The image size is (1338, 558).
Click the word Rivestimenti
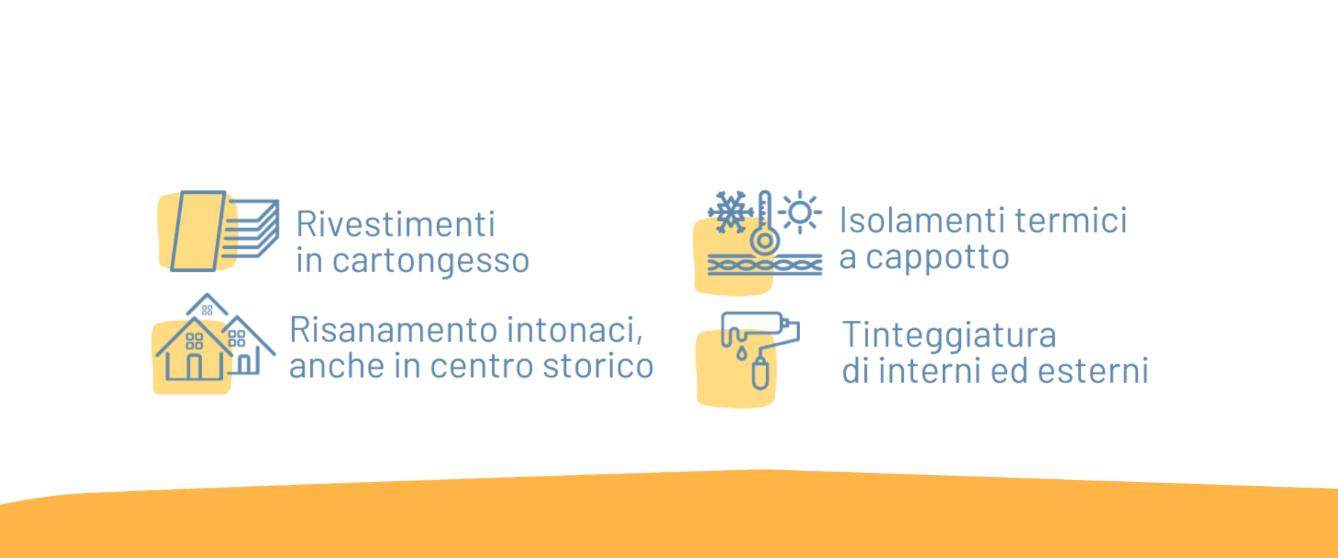click(396, 225)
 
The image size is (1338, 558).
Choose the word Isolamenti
click(922, 220)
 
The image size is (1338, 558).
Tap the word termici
click(1071, 220)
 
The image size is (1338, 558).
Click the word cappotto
click(937, 258)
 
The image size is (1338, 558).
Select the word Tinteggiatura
click(949, 335)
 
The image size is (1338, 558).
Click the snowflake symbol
click(730, 211)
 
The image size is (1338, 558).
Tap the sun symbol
click(800, 212)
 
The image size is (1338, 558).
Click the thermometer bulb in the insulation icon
click(764, 241)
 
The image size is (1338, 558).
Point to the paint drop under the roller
click(741, 354)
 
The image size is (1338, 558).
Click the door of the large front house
click(194, 367)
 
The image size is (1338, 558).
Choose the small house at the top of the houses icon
click(207, 306)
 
